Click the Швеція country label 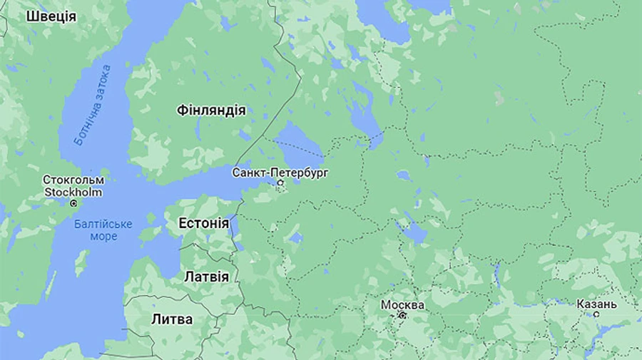(x=51, y=16)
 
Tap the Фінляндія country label (x=211, y=110)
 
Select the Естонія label (x=203, y=223)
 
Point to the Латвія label (x=206, y=277)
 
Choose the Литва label (x=172, y=319)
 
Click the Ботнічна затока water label (x=93, y=105)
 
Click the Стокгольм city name (x=73, y=180)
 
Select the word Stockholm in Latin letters (x=73, y=192)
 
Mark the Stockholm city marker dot (x=73, y=203)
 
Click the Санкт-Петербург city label (x=280, y=173)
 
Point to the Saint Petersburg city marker (x=280, y=184)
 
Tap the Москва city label (x=402, y=305)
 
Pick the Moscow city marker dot (x=403, y=315)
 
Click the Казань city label (x=597, y=304)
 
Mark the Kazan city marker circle (x=596, y=314)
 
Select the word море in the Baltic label (x=103, y=236)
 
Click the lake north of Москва (x=414, y=232)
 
